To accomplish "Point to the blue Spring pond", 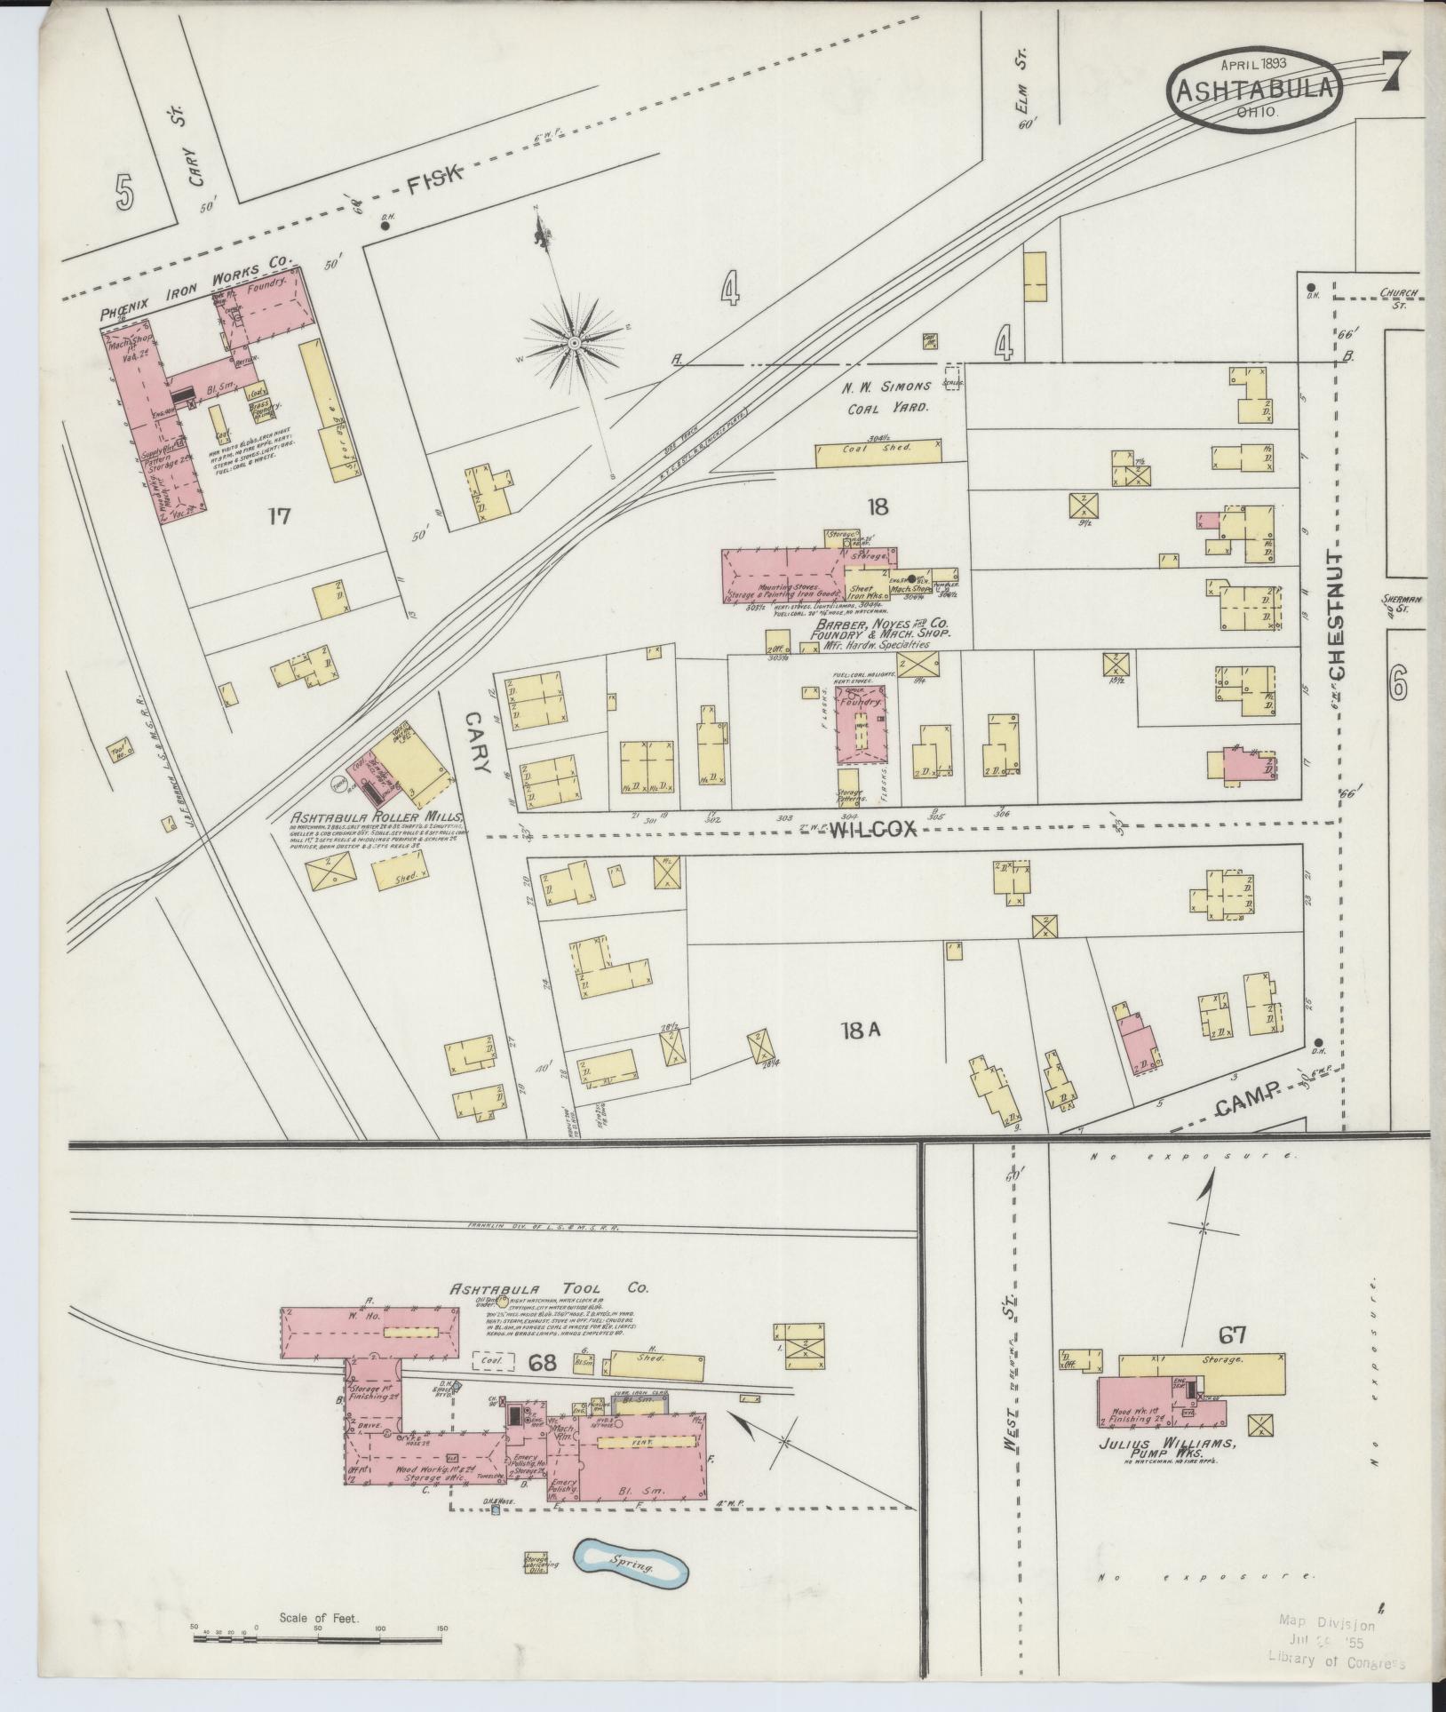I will pyautogui.click(x=631, y=1562).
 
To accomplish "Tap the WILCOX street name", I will pyautogui.click(x=871, y=829).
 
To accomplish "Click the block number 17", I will pyautogui.click(x=280, y=515).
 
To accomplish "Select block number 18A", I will pyautogui.click(x=860, y=1031).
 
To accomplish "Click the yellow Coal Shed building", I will pyautogui.click(x=878, y=450).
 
